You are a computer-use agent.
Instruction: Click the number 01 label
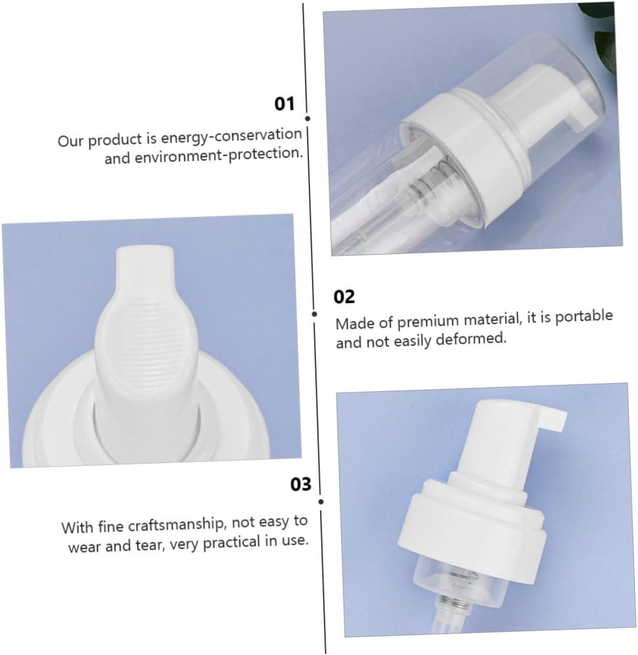coord(284,103)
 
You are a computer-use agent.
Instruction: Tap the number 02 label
coord(344,297)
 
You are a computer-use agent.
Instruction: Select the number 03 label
coord(301,484)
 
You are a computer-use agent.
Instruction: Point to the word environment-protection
coord(218,155)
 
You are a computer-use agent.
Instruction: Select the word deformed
coord(471,338)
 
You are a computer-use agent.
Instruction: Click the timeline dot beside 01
coord(308,118)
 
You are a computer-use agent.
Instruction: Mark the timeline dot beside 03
coord(321,502)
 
